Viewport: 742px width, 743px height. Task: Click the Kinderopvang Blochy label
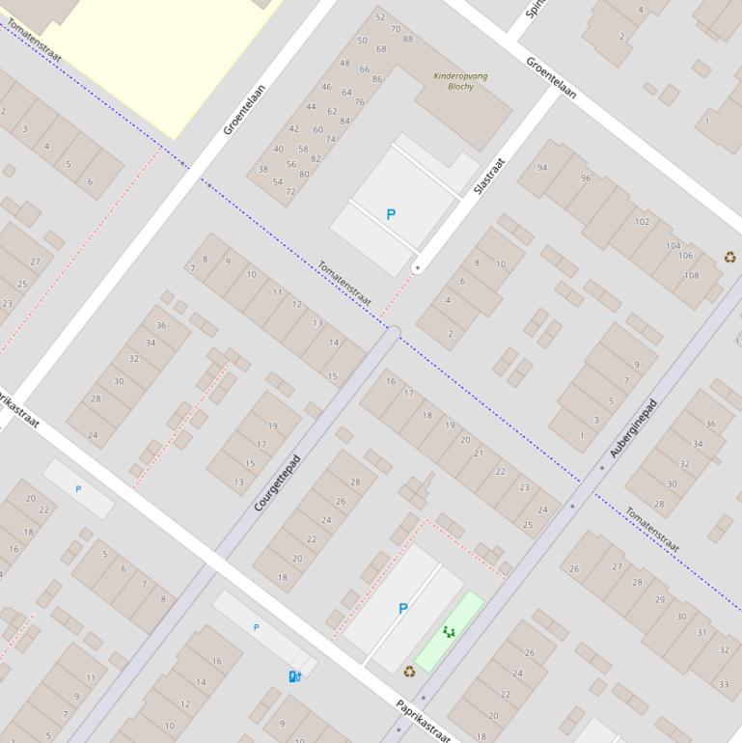click(460, 81)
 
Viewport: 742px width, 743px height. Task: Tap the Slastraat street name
click(490, 178)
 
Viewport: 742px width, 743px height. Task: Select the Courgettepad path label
click(278, 482)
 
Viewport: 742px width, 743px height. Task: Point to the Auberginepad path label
click(633, 427)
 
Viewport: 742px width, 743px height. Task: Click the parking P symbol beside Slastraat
click(391, 214)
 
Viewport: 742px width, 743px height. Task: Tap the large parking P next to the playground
click(403, 609)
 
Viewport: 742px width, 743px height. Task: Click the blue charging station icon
click(294, 675)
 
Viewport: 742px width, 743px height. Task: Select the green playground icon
click(448, 632)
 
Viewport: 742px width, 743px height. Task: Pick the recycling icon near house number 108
click(729, 257)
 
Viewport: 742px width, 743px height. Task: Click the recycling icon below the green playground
click(409, 672)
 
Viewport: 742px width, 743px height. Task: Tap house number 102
click(643, 222)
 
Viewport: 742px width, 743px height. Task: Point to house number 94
click(542, 168)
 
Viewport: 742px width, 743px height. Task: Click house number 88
click(408, 40)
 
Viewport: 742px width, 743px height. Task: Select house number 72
click(290, 191)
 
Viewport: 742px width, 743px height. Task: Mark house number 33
click(724, 684)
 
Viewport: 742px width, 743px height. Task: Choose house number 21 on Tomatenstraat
click(479, 453)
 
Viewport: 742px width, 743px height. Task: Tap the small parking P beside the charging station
click(256, 627)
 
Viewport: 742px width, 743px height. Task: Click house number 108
click(691, 276)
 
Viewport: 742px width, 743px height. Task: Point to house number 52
click(380, 16)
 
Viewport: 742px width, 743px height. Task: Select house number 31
click(701, 633)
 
